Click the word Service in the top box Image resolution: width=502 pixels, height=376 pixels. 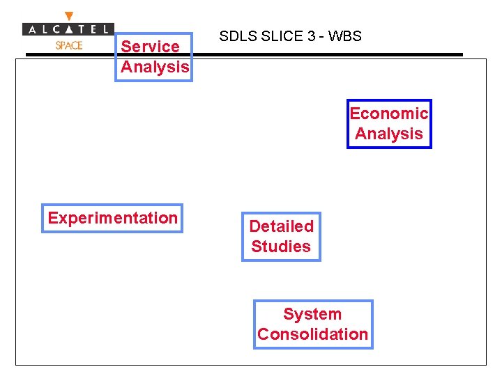click(x=150, y=47)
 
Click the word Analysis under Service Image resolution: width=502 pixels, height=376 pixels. click(x=155, y=67)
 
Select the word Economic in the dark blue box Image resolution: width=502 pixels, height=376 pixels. click(x=388, y=113)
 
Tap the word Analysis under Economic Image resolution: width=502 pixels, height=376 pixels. click(x=389, y=134)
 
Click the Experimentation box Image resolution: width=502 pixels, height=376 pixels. click(x=112, y=218)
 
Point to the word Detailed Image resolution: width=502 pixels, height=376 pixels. click(x=281, y=226)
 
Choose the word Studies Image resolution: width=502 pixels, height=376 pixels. click(x=281, y=246)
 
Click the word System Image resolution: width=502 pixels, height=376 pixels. click(x=312, y=314)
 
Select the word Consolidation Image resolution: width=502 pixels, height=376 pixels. click(x=312, y=334)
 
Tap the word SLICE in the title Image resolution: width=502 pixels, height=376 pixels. click(x=282, y=36)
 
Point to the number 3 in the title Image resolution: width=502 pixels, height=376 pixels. click(x=312, y=36)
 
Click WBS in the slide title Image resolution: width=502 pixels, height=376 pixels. click(x=345, y=36)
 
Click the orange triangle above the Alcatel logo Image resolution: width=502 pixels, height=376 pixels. click(x=68, y=16)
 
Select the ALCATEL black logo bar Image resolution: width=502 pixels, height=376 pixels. click(x=68, y=29)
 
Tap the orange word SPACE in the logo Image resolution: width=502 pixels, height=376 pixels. click(x=68, y=45)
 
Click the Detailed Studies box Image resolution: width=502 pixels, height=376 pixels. click(x=281, y=237)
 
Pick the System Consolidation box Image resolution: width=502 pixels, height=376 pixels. click(x=312, y=324)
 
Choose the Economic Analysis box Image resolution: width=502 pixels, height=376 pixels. click(x=389, y=124)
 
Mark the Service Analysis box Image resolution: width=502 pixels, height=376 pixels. click(x=153, y=57)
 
